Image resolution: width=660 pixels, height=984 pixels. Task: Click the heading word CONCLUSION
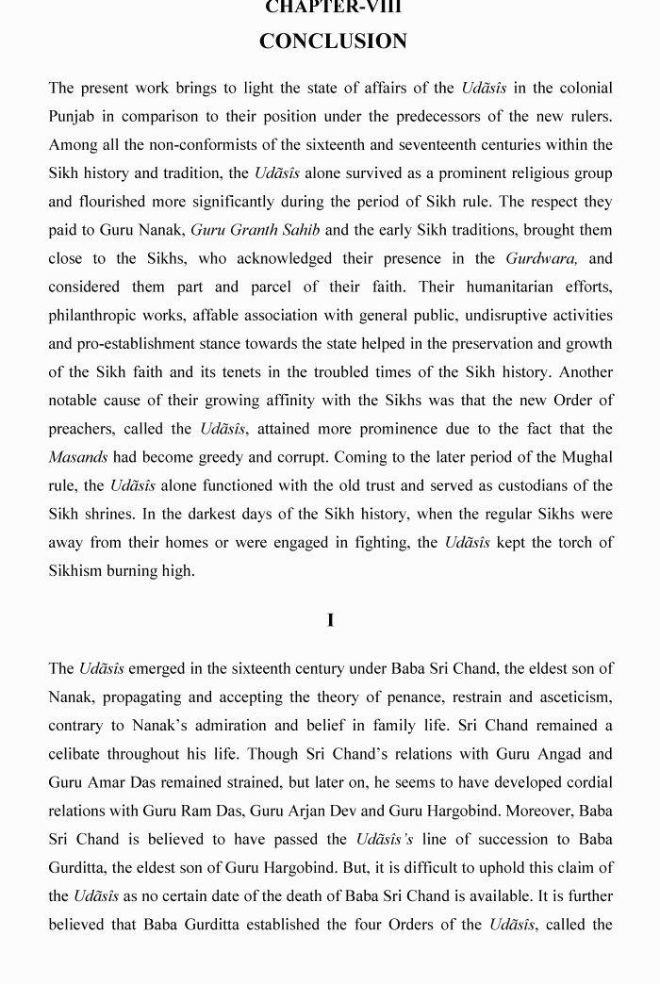pos(333,41)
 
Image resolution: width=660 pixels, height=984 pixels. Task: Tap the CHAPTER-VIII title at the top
pos(333,7)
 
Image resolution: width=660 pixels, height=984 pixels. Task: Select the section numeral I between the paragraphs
pos(330,620)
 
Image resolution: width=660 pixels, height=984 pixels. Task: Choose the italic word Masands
pos(77,457)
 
